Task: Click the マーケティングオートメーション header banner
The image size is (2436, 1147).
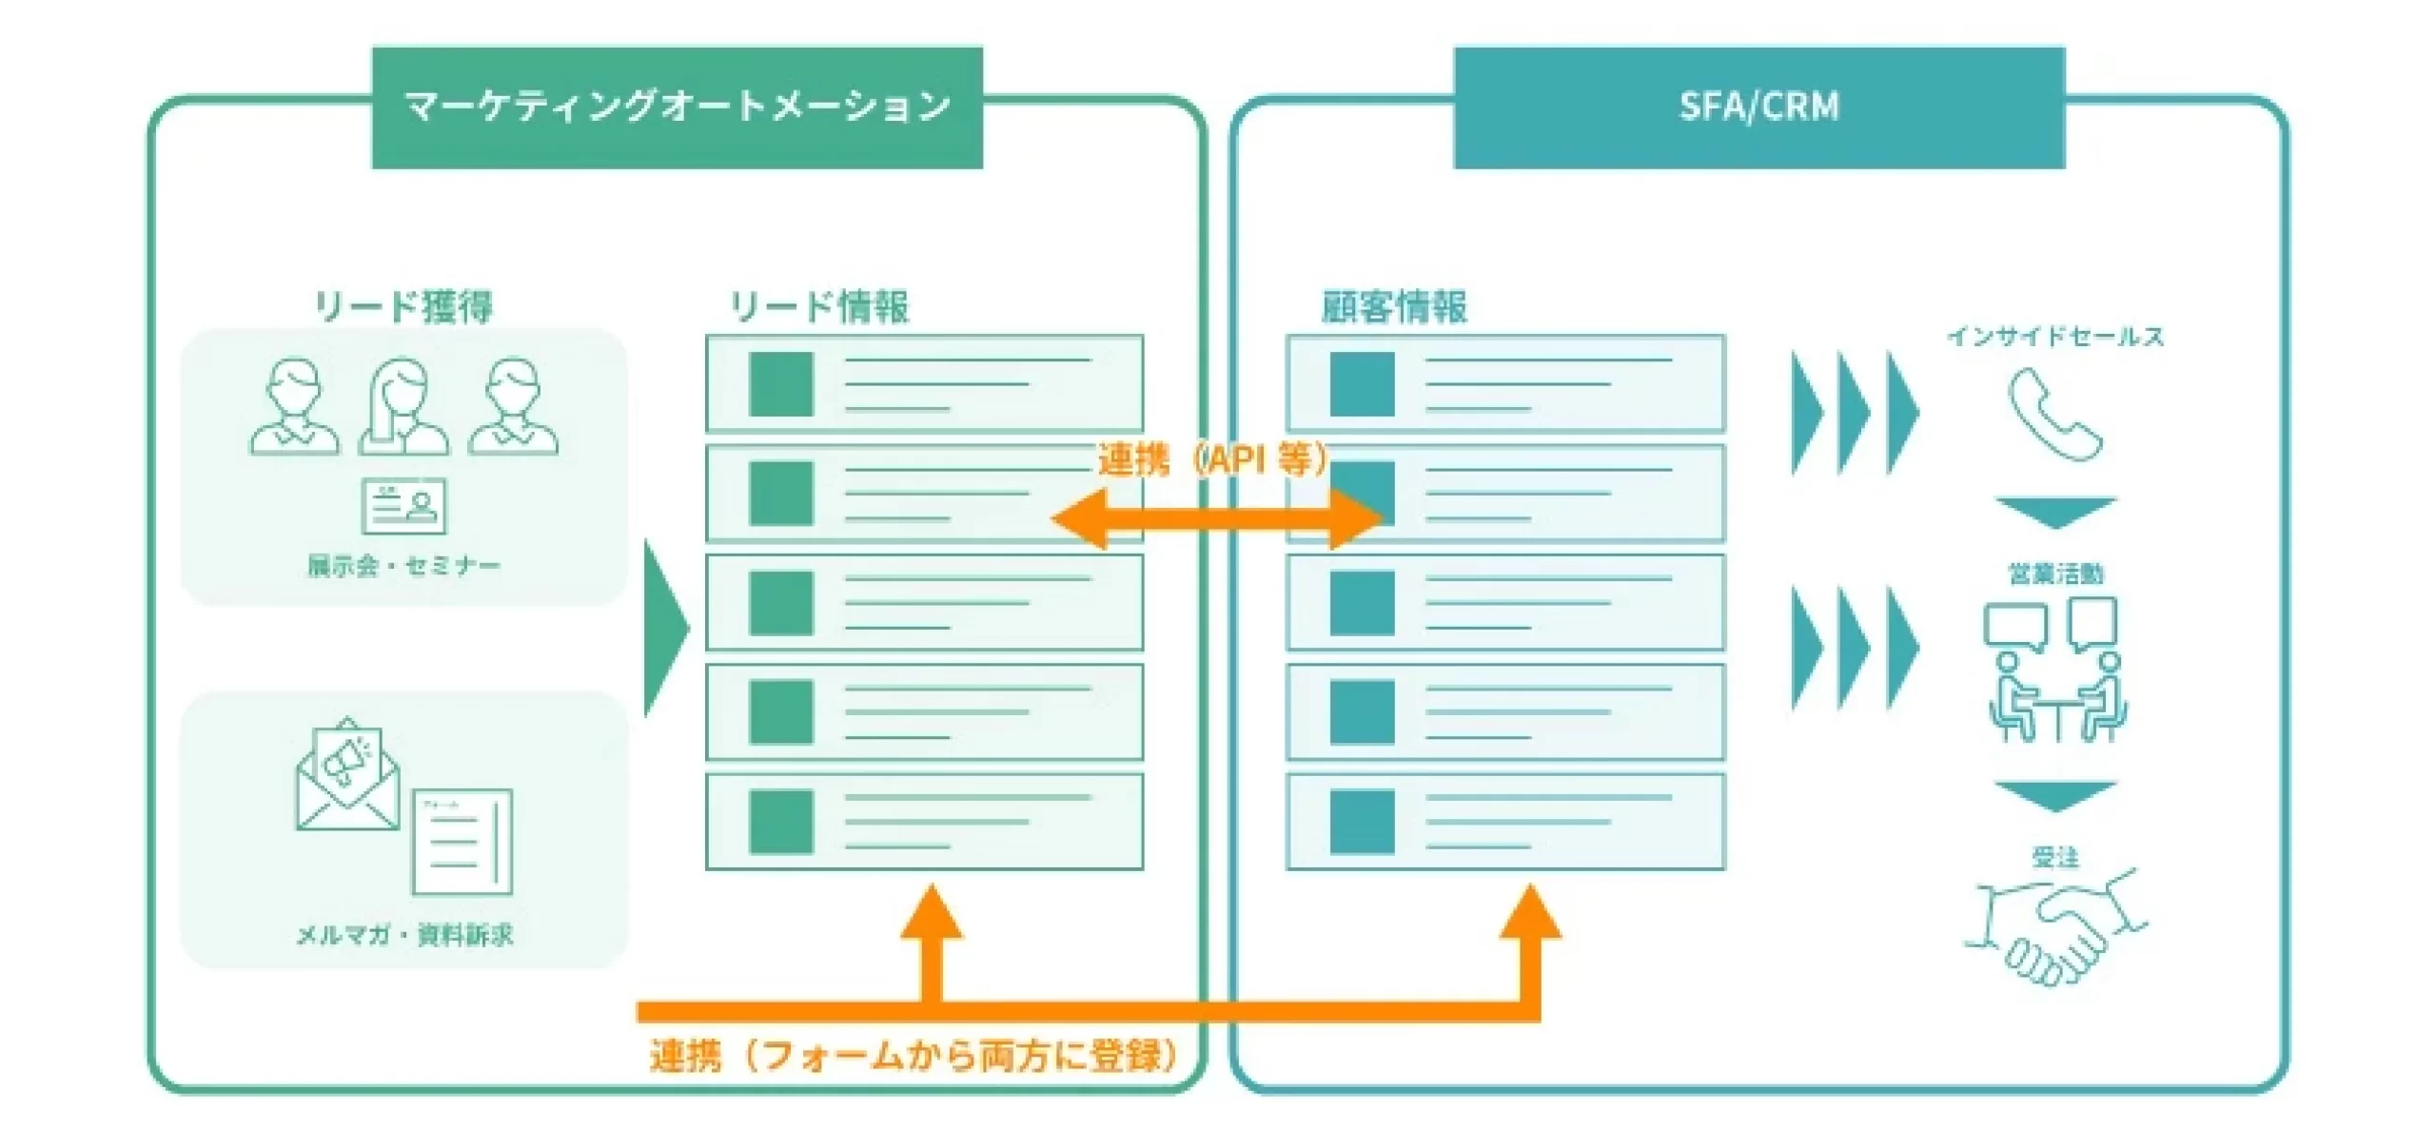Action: (x=677, y=107)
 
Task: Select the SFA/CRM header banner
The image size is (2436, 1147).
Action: (x=1758, y=107)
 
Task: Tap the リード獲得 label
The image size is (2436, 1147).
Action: (x=403, y=306)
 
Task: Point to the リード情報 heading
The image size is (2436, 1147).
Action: (x=818, y=306)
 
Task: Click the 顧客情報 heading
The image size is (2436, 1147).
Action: (x=1394, y=306)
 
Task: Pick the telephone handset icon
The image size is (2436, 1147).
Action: (x=2054, y=415)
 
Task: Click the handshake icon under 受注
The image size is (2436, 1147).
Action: (x=2055, y=928)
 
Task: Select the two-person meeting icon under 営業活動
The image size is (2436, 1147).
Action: (x=2055, y=670)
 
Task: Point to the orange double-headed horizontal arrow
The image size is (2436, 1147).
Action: (x=1216, y=519)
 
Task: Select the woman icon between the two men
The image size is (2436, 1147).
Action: (x=403, y=407)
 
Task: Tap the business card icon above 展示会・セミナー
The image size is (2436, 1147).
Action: (x=403, y=506)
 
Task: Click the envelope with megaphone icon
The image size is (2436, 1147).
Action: (x=347, y=774)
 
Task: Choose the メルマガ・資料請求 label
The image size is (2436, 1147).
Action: (x=404, y=936)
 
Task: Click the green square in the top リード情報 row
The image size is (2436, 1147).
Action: (x=781, y=384)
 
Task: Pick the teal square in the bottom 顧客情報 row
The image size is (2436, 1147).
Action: (x=1362, y=822)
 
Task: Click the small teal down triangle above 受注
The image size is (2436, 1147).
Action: (x=2055, y=796)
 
